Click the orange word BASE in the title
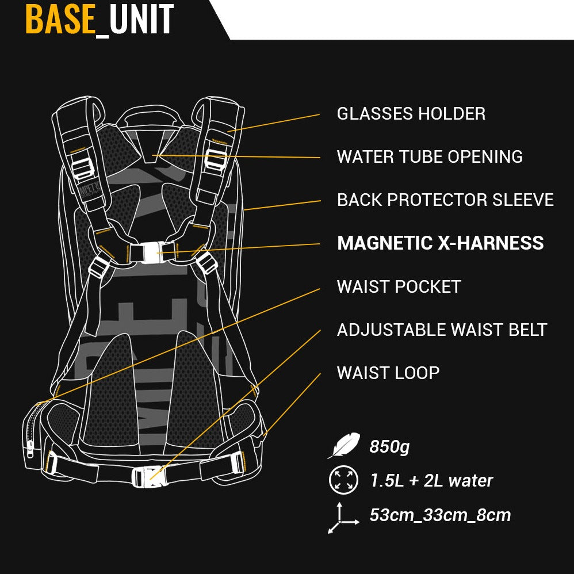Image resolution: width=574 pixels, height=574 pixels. click(x=60, y=20)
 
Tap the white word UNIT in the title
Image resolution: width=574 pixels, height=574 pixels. click(x=141, y=20)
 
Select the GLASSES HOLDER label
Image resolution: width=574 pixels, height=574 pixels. click(x=411, y=114)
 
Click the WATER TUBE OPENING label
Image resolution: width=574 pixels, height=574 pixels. click(x=430, y=156)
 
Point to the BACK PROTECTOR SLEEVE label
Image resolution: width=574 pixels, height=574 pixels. click(x=445, y=200)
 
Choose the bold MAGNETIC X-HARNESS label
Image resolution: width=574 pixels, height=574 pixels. click(x=441, y=243)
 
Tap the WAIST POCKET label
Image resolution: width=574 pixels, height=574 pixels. click(x=399, y=286)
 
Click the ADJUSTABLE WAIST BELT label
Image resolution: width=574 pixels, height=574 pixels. click(x=442, y=330)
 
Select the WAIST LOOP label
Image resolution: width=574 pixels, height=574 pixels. click(x=388, y=373)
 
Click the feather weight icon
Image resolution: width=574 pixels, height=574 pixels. click(x=344, y=445)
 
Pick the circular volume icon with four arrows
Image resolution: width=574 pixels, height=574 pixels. click(x=343, y=480)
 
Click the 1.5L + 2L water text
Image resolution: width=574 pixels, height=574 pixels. click(x=431, y=481)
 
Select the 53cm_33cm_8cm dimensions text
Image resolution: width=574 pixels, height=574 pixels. click(x=440, y=515)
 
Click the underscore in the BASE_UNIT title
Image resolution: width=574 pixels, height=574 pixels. click(x=102, y=36)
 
